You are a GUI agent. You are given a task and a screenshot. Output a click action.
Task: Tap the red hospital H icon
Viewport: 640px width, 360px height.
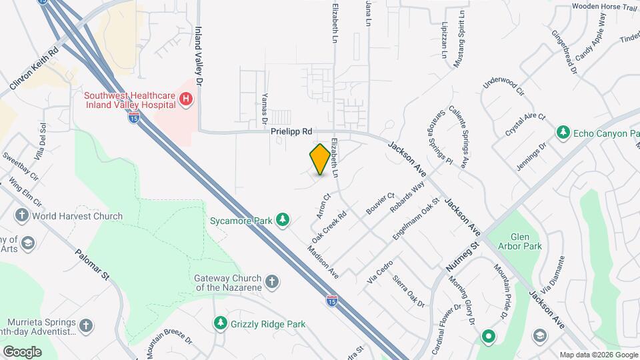pyautogui.click(x=186, y=100)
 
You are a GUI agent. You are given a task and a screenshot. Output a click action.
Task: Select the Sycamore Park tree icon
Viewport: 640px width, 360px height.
pyautogui.click(x=283, y=219)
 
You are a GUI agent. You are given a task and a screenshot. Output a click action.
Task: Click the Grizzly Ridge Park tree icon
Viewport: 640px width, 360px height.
pyautogui.click(x=220, y=323)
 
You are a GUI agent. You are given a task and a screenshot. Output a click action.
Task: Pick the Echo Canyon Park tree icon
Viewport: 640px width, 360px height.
pyautogui.click(x=563, y=133)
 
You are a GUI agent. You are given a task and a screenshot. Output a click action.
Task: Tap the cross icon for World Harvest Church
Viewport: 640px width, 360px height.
pyautogui.click(x=22, y=216)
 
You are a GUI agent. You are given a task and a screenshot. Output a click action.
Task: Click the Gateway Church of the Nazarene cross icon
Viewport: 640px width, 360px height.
pyautogui.click(x=271, y=281)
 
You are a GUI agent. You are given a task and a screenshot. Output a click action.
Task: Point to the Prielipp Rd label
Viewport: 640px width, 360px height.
pyautogui.click(x=291, y=132)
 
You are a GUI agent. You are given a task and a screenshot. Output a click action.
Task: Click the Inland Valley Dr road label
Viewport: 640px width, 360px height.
pyautogui.click(x=198, y=55)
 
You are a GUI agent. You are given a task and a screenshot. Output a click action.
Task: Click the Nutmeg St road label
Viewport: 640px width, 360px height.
pyautogui.click(x=463, y=257)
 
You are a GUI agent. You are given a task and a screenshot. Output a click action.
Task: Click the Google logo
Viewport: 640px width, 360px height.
pyautogui.click(x=22, y=351)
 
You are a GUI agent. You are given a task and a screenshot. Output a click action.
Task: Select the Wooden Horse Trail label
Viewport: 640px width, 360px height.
pyautogui.click(x=605, y=7)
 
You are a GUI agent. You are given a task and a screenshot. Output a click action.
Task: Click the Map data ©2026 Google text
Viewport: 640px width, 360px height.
pyautogui.click(x=597, y=355)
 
